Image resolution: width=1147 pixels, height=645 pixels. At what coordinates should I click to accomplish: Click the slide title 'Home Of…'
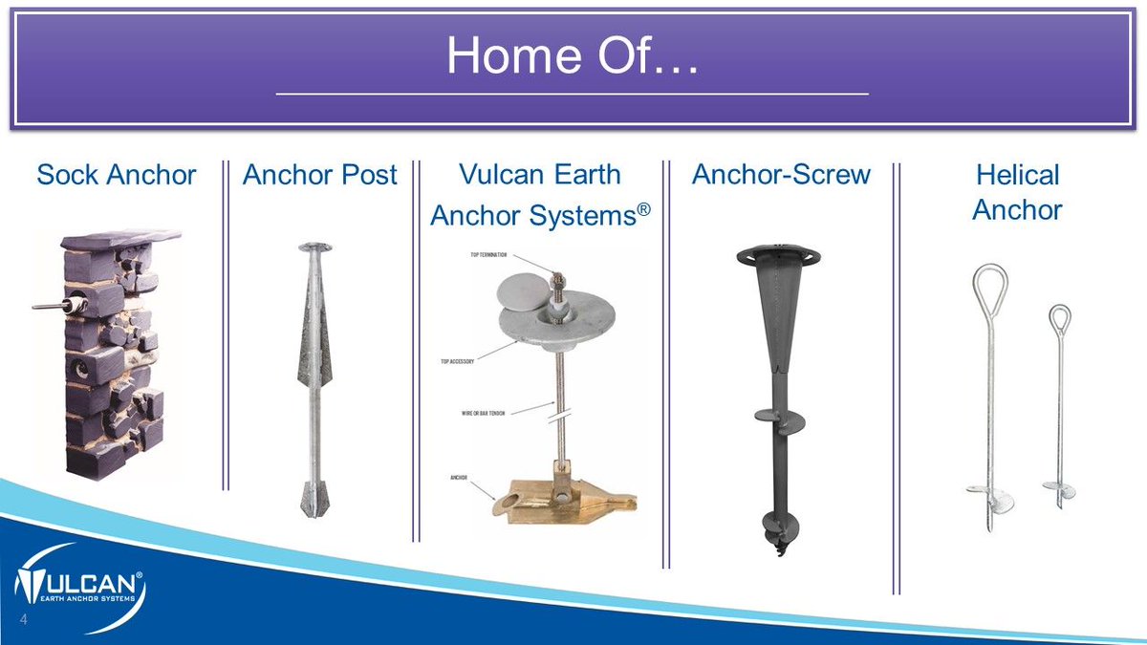(x=572, y=57)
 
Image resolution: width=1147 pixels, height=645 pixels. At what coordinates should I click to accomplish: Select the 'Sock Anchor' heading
(x=116, y=175)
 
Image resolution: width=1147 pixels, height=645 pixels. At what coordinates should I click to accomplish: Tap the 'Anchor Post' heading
(x=320, y=175)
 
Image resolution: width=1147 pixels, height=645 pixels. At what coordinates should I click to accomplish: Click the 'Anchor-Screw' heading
(x=782, y=175)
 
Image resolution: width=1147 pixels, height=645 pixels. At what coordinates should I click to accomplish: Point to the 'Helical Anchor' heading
(x=1017, y=192)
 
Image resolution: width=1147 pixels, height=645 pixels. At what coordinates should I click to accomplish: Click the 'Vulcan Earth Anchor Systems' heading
(x=540, y=196)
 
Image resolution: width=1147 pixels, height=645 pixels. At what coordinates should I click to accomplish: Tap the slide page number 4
(x=21, y=625)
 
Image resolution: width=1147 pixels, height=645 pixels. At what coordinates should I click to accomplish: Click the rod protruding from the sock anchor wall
(x=47, y=306)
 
